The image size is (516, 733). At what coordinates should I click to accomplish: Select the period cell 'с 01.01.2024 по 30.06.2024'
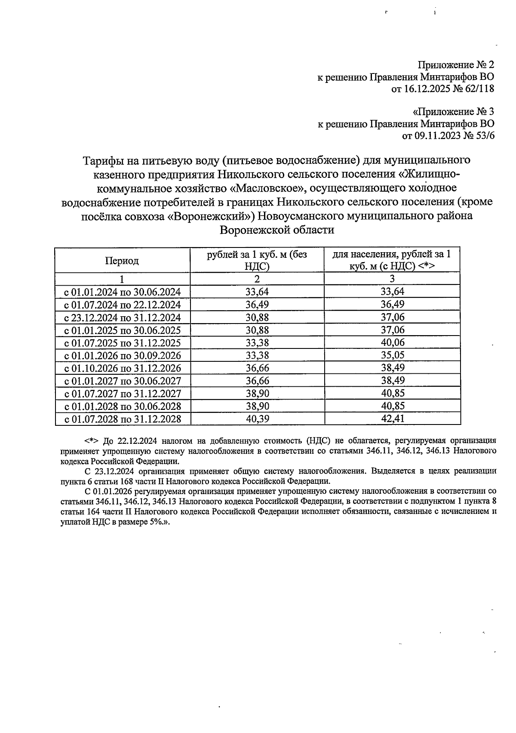point(123,293)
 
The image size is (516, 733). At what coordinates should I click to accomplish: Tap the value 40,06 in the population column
point(393,343)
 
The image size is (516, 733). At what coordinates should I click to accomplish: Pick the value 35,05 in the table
point(393,355)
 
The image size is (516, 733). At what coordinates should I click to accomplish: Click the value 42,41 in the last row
point(393,419)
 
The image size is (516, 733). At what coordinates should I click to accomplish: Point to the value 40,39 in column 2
point(257,419)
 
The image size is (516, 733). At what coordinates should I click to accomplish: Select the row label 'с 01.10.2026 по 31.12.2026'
point(123,368)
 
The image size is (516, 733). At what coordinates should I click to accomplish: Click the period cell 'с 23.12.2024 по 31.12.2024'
point(123,318)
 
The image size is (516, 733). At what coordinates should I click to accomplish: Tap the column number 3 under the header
point(392,279)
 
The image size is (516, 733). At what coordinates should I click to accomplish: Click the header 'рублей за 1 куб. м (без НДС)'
point(257,260)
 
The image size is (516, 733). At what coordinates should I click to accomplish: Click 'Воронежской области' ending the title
point(277,230)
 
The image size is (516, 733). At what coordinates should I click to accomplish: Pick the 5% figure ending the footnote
point(153,523)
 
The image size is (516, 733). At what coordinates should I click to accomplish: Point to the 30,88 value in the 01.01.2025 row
point(257,330)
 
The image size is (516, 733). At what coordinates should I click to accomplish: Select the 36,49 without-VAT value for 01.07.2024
point(257,305)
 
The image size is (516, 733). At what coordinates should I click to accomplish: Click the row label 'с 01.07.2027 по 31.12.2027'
point(123,394)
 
